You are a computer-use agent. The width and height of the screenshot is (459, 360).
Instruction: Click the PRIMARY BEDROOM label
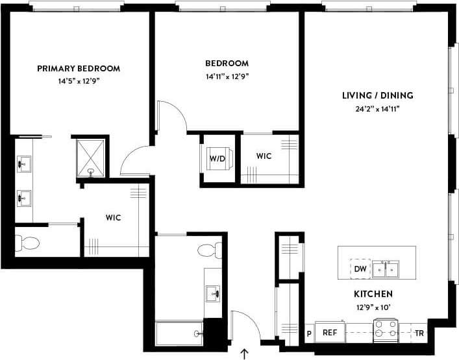pyautogui.click(x=79, y=68)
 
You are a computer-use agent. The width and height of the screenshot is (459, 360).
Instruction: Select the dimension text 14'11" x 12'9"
pyautogui.click(x=227, y=76)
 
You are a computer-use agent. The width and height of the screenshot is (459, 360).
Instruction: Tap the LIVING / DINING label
pyautogui.click(x=377, y=95)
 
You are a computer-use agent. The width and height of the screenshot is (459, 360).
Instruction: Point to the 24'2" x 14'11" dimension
pyautogui.click(x=377, y=108)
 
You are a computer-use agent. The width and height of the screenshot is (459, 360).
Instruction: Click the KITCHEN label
pyautogui.click(x=373, y=294)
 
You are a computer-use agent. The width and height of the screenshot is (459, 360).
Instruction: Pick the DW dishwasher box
pyautogui.click(x=360, y=268)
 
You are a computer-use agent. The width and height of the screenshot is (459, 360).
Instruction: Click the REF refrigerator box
pyautogui.click(x=330, y=332)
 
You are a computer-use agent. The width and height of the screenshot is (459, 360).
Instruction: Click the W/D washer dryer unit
pyautogui.click(x=217, y=158)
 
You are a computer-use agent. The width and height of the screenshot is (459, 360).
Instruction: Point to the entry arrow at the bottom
pyautogui.click(x=245, y=354)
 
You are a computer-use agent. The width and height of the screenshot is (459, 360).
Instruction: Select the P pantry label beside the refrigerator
pyautogui.click(x=309, y=333)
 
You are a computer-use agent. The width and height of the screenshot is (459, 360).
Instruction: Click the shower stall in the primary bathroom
pyautogui.click(x=90, y=156)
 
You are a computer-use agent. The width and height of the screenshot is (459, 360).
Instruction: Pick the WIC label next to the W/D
pyautogui.click(x=264, y=156)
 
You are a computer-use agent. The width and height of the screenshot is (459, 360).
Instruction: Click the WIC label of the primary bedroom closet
pyautogui.click(x=113, y=217)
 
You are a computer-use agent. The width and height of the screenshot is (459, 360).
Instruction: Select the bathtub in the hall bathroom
pyautogui.click(x=179, y=333)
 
